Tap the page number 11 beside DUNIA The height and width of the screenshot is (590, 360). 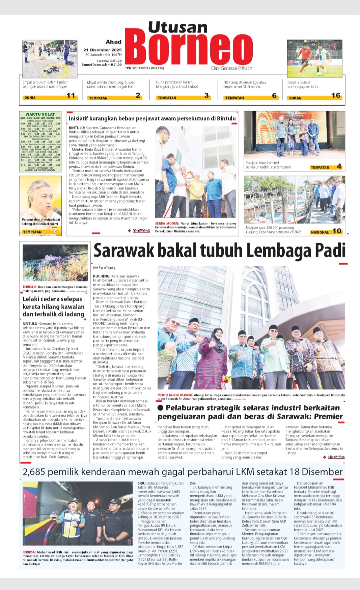[71, 95]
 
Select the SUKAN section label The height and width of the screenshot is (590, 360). [295, 98]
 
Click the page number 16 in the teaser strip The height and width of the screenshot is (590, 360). [335, 95]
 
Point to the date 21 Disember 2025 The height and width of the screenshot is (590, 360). [103, 50]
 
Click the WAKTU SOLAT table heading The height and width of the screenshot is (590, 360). [40, 114]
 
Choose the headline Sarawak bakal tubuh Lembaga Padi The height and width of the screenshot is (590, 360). [219, 251]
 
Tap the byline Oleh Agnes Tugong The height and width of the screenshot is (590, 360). [104, 268]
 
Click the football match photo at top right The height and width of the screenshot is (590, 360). [314, 58]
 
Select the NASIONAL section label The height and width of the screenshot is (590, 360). [320, 232]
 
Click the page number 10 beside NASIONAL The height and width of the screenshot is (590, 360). [337, 231]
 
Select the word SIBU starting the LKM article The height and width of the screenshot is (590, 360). [142, 483]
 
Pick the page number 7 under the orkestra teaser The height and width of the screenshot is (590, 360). [55, 231]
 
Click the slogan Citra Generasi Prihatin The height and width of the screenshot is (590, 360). [231, 68]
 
